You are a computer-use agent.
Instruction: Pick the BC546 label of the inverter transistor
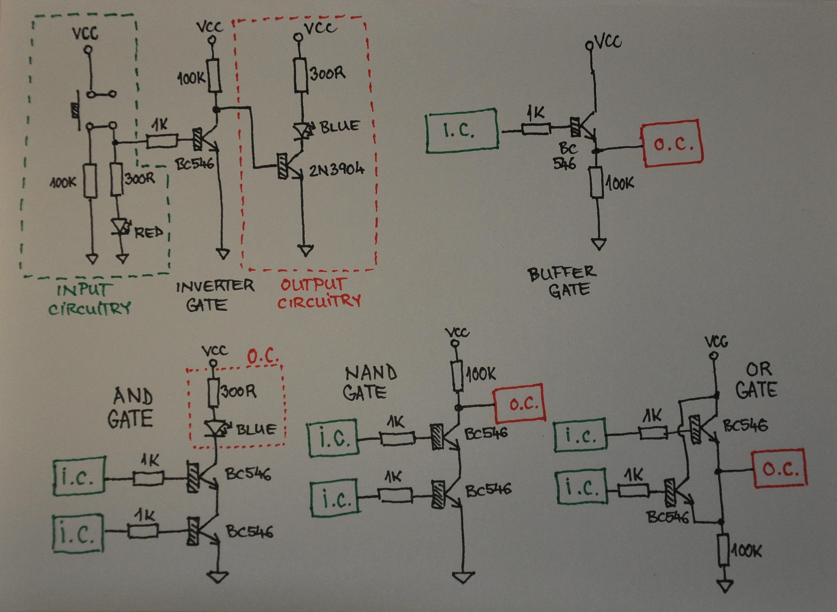click(x=196, y=164)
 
